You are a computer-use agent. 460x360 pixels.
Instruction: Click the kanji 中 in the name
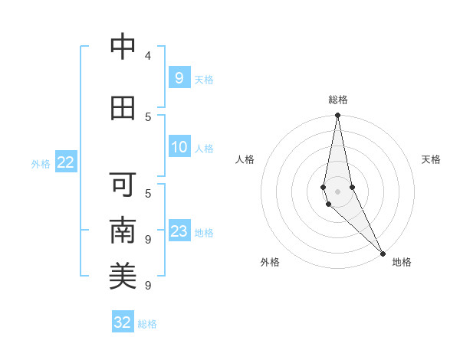123,47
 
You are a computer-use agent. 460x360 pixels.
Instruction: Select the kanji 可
123,185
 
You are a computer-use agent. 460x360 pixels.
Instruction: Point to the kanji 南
123,231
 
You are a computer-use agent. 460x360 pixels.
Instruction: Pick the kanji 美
123,277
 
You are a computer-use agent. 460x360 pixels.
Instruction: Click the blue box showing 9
179,77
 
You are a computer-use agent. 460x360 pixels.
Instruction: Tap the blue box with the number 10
179,147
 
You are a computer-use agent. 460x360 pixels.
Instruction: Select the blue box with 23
179,231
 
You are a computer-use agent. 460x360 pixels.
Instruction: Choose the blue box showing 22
66,162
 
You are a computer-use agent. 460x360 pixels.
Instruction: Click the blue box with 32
123,322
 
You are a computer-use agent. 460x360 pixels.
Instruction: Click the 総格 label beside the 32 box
147,324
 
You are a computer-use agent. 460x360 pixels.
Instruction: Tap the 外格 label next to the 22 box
41,164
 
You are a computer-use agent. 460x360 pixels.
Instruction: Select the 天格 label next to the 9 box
204,79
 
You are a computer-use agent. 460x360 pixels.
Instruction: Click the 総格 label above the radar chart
338,100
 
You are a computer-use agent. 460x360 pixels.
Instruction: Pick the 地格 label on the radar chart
402,262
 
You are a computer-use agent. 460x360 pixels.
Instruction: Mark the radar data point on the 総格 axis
337,116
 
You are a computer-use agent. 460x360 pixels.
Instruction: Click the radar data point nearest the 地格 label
383,253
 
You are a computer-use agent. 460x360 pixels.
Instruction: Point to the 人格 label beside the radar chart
245,159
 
